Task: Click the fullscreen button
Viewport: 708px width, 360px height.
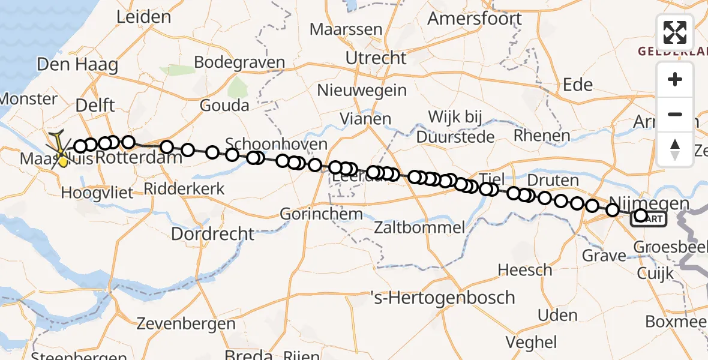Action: coord(675,32)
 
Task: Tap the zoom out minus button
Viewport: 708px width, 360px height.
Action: coord(675,114)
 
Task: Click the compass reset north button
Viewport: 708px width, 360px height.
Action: coord(675,149)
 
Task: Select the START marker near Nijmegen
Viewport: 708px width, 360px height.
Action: coord(649,219)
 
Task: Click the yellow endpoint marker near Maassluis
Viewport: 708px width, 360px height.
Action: coord(62,160)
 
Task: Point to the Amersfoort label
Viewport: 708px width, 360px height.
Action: coord(474,19)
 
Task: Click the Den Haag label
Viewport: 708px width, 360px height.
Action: coord(77,65)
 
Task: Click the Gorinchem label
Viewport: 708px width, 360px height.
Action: coord(322,214)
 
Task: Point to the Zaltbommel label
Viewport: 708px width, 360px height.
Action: coord(419,227)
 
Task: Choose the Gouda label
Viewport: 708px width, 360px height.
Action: coord(225,106)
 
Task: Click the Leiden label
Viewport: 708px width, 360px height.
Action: coord(143,17)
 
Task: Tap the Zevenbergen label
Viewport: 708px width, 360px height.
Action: coord(186,324)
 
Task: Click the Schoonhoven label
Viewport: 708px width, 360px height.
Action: coord(277,144)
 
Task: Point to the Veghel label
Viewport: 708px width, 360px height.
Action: coord(532,342)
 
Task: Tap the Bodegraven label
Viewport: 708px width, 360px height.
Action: coord(239,62)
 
